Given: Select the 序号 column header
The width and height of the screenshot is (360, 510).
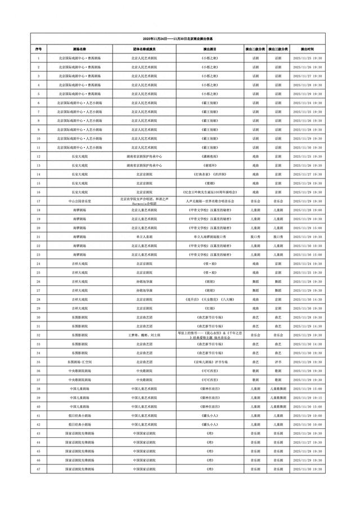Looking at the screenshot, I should pyautogui.click(x=38, y=49).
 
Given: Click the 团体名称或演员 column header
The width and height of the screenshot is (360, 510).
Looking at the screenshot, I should pyautogui.click(x=144, y=49).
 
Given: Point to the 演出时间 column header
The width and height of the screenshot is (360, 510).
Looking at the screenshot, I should pyautogui.click(x=307, y=49).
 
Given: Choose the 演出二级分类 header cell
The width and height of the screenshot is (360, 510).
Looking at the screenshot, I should pyautogui.click(x=255, y=49).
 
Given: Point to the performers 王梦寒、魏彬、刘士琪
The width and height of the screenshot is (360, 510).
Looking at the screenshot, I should pyautogui.click(x=144, y=335).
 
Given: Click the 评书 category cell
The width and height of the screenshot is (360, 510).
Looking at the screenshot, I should pyautogui.click(x=277, y=362).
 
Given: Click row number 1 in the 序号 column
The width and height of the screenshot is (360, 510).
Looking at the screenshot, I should pyautogui.click(x=38, y=58).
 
